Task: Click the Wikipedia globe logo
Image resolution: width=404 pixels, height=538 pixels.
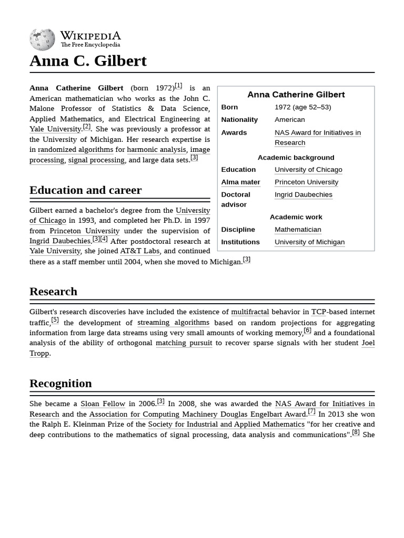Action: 42,39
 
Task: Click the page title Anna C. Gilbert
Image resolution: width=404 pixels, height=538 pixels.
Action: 88,61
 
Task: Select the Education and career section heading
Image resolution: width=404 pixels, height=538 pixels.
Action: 85,190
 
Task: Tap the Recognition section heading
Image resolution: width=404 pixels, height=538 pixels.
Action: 60,384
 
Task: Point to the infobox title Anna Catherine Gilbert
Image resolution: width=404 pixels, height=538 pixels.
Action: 296,95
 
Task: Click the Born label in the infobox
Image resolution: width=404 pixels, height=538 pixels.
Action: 229,107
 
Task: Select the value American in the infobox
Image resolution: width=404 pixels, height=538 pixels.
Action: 289,120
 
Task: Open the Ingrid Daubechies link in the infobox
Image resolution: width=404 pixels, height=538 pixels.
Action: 303,194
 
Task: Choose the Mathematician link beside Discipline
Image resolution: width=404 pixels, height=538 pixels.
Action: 297,230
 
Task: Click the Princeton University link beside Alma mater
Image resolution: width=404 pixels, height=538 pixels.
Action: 306,182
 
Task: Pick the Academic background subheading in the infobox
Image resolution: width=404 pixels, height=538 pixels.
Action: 296,158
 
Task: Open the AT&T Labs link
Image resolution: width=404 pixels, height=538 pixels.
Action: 139,251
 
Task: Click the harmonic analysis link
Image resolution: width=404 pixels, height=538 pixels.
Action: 157,150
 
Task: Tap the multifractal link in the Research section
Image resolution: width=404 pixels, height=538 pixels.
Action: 250,312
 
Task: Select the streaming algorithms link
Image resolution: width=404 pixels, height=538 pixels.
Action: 173,323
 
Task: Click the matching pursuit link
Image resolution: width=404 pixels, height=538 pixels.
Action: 184,343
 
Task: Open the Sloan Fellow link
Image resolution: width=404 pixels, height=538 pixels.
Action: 103,404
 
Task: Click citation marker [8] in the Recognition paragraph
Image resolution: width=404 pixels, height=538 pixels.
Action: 356,432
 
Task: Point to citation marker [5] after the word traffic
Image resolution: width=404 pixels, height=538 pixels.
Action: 55,320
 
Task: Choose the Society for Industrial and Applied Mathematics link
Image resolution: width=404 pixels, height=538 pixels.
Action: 226,425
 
